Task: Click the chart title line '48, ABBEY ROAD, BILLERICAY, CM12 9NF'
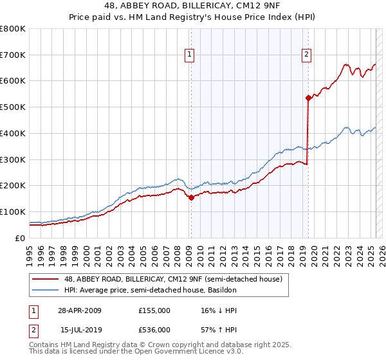193,6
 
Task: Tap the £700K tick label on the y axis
13,55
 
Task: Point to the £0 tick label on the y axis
21,238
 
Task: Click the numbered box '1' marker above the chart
190,55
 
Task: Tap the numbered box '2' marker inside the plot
307,55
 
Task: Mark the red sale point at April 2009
191,197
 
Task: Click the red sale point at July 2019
308,98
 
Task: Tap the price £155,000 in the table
154,310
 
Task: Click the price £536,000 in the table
154,329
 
